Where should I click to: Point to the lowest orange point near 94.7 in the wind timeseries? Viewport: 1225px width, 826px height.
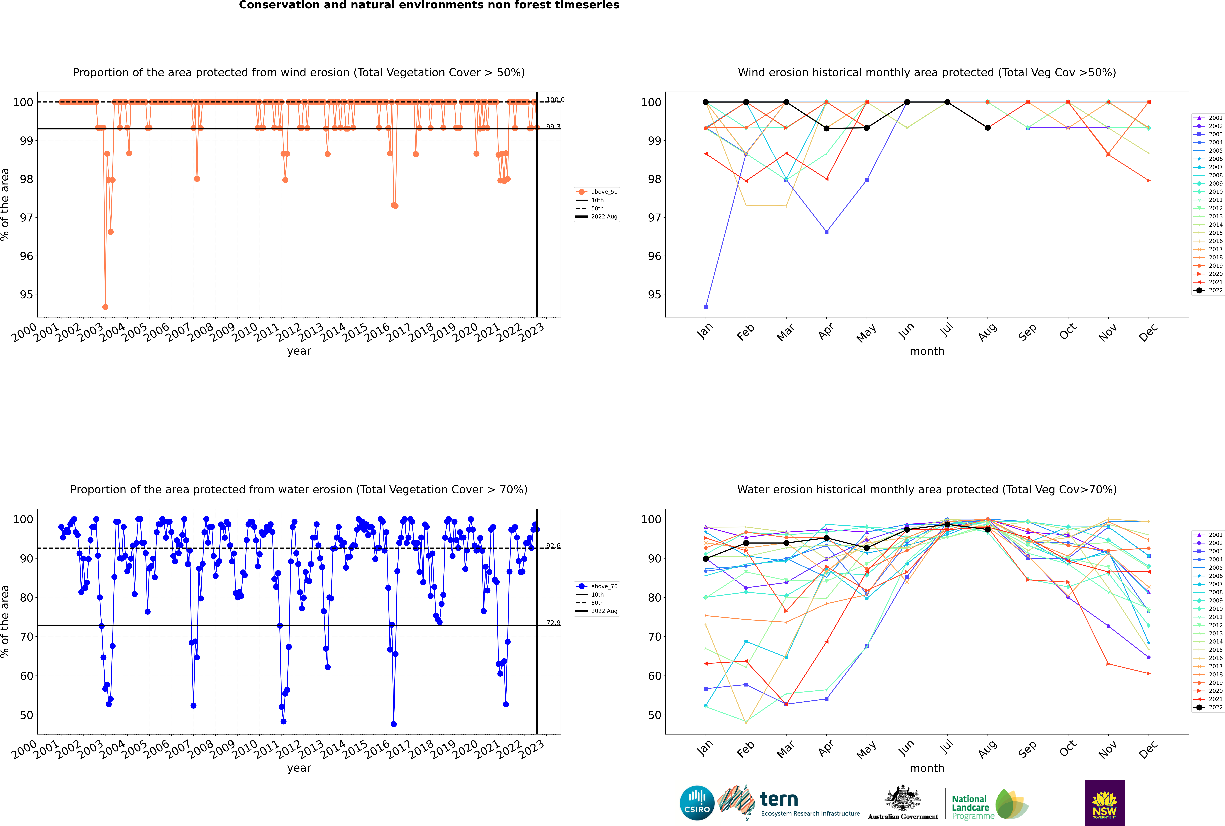105,307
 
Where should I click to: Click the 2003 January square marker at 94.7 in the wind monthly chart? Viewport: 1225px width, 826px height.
706,307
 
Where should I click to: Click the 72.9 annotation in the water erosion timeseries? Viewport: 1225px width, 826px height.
553,623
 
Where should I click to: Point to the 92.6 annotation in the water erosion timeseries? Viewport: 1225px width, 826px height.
553,546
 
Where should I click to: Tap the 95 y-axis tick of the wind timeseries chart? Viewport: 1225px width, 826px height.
26,294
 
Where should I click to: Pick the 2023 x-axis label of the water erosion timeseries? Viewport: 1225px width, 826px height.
532,749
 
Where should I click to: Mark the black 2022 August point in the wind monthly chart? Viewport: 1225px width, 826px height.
988,127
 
